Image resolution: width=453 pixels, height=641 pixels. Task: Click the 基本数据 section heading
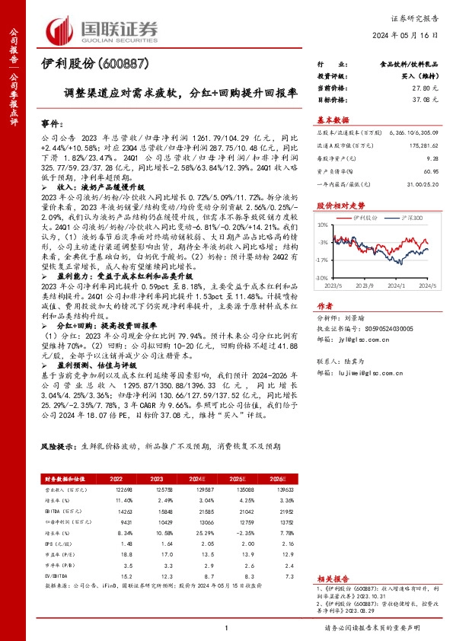[x=333, y=120]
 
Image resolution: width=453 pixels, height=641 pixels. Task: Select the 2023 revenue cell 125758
[x=156, y=490]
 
